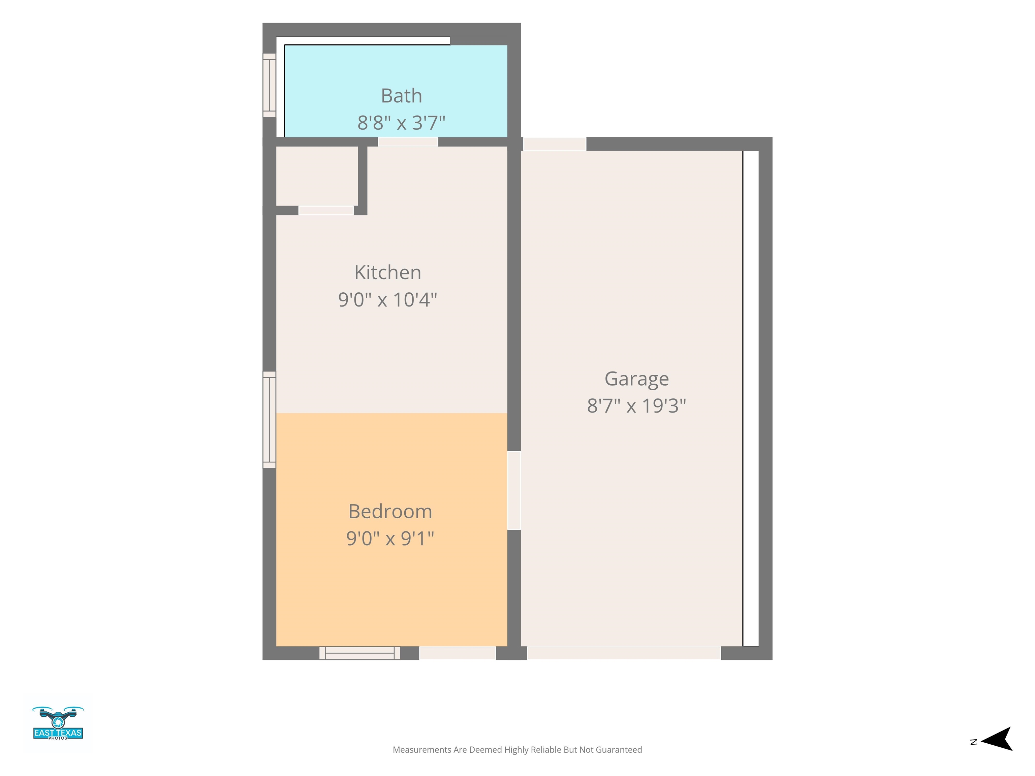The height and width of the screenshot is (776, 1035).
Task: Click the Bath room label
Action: (x=402, y=96)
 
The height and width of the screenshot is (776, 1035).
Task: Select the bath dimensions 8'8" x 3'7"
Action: (x=402, y=123)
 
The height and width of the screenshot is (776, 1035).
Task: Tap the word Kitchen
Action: (x=388, y=272)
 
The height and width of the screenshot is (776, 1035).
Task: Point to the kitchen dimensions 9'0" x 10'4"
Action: (x=388, y=299)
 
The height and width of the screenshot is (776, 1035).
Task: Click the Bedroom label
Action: (x=390, y=511)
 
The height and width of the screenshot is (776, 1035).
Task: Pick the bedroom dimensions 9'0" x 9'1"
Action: (x=390, y=538)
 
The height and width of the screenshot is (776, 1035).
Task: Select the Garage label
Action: (x=637, y=379)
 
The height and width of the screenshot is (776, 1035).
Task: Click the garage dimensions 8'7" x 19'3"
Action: (x=637, y=406)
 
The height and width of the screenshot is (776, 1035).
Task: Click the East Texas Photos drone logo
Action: (x=58, y=723)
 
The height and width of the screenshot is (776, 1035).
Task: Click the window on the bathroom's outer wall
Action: (x=269, y=85)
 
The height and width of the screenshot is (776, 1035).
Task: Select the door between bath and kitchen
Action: (x=408, y=142)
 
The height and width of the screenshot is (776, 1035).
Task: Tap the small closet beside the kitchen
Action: (x=317, y=176)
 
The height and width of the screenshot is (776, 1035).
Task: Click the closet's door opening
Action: (x=326, y=211)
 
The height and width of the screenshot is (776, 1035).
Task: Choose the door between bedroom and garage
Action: (x=514, y=490)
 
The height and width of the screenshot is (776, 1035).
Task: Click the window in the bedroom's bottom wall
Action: (x=360, y=653)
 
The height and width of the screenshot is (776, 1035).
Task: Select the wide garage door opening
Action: (x=624, y=653)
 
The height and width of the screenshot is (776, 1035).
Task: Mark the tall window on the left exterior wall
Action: (x=269, y=420)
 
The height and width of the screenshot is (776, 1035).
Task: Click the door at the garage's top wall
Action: (x=555, y=144)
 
